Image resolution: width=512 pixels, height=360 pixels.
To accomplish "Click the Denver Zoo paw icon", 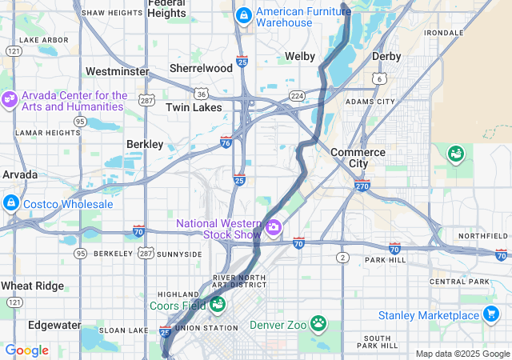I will [x=319, y=324].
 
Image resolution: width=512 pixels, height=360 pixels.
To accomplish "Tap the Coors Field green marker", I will [x=217, y=305].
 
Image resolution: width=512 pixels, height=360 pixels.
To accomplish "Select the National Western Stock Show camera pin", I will [x=274, y=228].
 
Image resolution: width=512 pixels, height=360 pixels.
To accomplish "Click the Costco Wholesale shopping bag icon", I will [x=10, y=204].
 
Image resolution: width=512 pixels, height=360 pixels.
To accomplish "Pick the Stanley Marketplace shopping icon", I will [x=492, y=314].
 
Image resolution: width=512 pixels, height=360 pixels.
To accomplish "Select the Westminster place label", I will [x=117, y=71].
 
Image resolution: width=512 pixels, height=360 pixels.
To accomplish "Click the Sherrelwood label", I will [x=201, y=68].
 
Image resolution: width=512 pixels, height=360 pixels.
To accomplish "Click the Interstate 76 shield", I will [x=227, y=141].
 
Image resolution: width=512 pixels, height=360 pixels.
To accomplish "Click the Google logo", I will [x=26, y=350].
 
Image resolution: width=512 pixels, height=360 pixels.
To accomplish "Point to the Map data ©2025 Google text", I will [x=462, y=354].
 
